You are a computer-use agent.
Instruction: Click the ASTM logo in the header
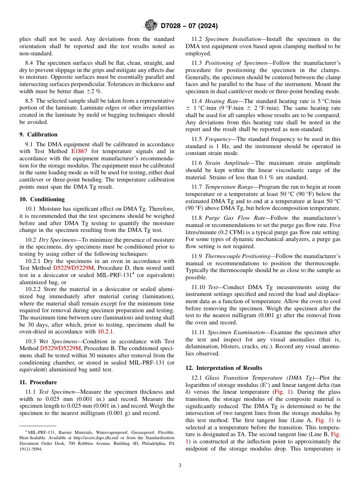tap(151, 25)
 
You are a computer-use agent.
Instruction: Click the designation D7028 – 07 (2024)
tap(189, 26)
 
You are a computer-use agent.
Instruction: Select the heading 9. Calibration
tap(38, 135)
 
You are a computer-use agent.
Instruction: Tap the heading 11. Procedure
tap(38, 382)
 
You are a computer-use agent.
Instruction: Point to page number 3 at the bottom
tap(180, 466)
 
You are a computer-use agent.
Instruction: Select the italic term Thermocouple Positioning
tap(234, 257)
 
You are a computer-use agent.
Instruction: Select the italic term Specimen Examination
tap(231, 332)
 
